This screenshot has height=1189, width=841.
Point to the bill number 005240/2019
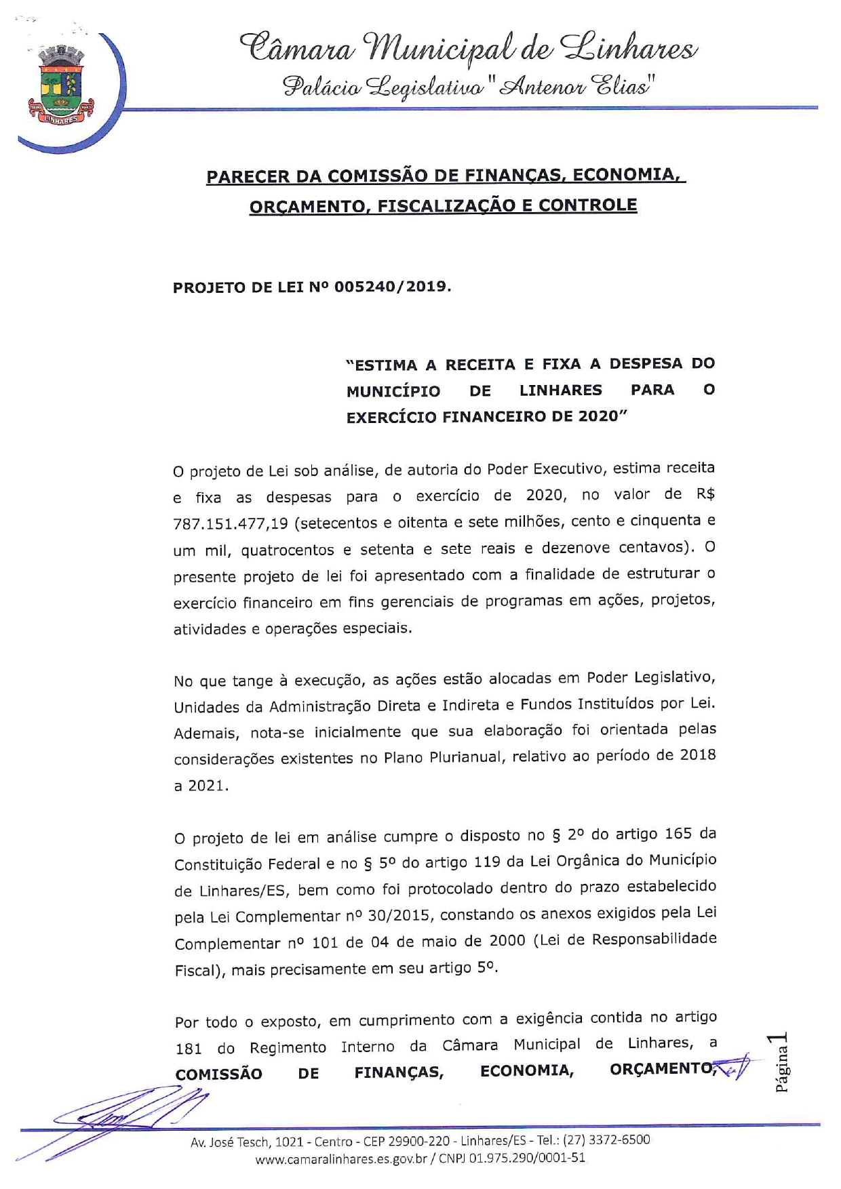tap(391, 287)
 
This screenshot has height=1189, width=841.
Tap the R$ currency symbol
tap(705, 494)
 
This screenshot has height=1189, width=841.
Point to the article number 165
tap(678, 834)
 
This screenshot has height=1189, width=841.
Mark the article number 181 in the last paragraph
tap(189, 1049)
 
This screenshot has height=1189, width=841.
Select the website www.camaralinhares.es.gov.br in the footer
tap(340, 1158)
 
